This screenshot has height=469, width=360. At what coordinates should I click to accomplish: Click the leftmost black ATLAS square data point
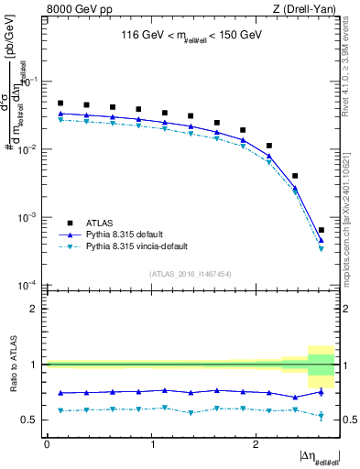point(60,104)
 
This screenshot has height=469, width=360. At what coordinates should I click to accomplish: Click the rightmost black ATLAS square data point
point(321,230)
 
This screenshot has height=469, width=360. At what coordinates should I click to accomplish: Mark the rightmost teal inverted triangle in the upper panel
point(321,248)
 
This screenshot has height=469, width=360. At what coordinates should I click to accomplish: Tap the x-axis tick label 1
point(151,444)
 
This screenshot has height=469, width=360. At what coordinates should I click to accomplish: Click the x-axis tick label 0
point(47,444)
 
